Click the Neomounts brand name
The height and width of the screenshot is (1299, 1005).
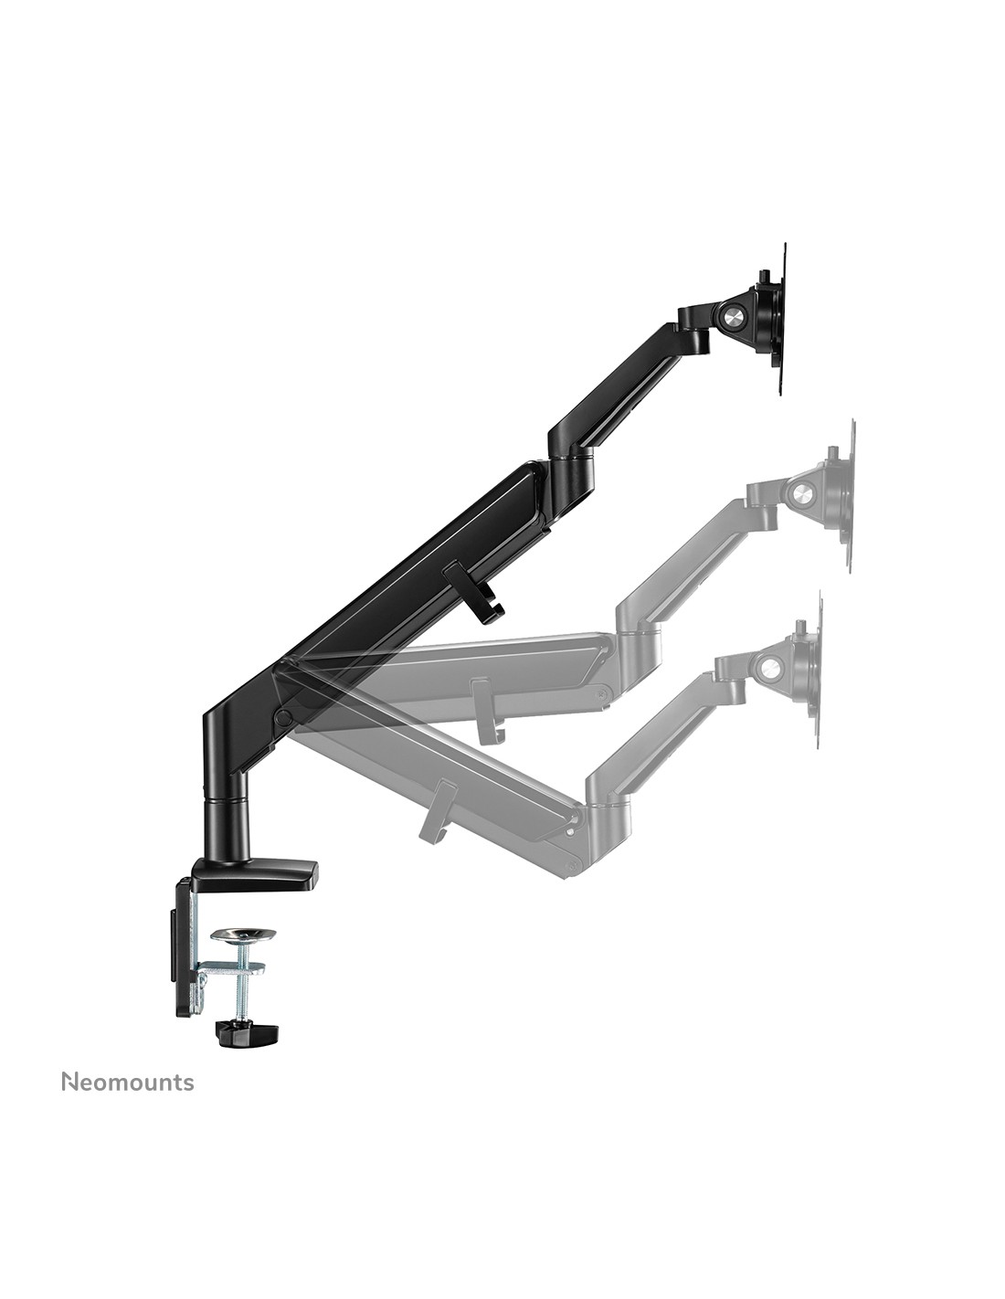point(127,1082)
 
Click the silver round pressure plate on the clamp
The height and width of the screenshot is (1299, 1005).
point(242,935)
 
